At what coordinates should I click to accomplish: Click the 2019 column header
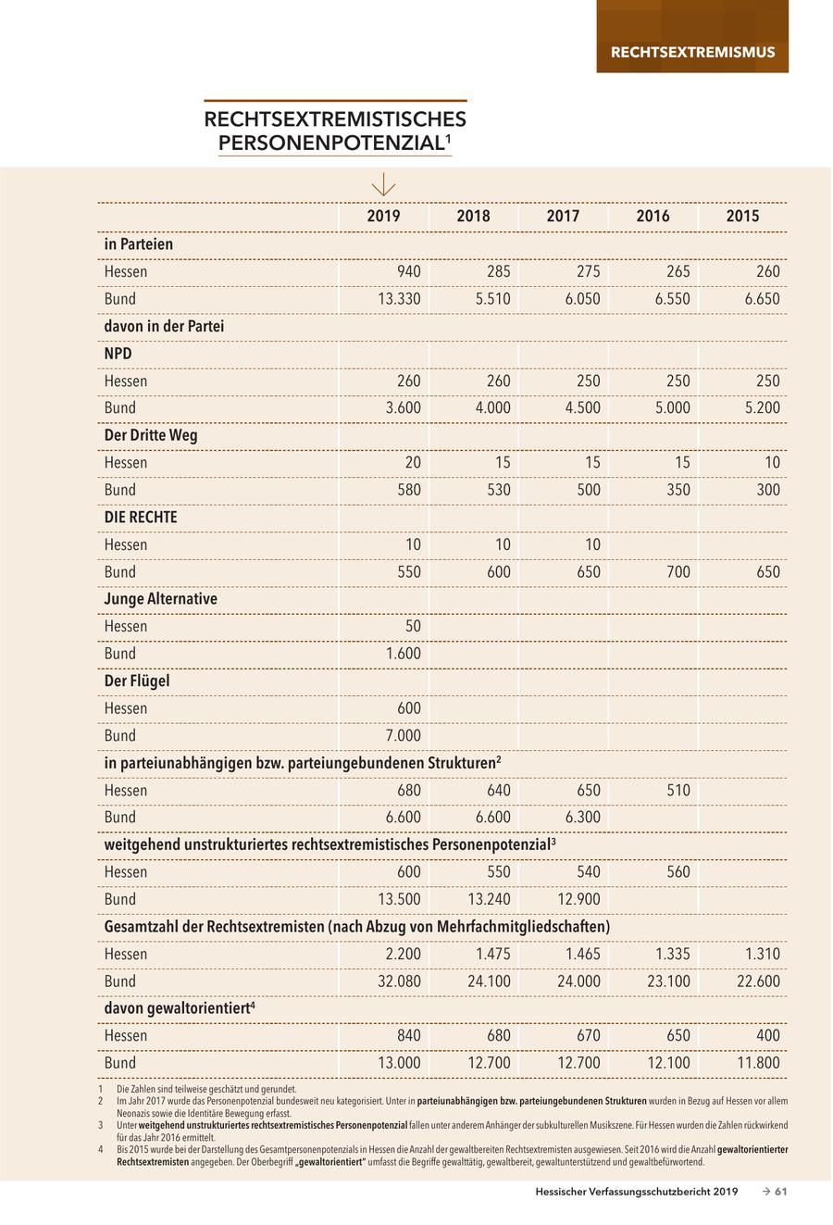(x=383, y=216)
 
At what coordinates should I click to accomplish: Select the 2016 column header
(x=653, y=216)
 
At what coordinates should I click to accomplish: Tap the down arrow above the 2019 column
(x=383, y=185)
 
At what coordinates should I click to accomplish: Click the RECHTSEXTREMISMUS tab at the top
(x=692, y=52)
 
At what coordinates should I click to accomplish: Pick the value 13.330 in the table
(x=399, y=299)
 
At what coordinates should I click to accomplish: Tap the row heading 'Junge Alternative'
(x=160, y=599)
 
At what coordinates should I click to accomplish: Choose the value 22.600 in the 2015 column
(x=758, y=981)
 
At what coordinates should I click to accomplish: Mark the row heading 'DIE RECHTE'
(x=140, y=517)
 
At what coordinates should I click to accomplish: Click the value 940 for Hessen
(x=408, y=271)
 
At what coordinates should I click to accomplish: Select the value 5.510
(x=491, y=299)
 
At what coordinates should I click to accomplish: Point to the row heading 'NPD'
(x=118, y=354)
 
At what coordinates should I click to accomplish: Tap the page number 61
(x=780, y=1192)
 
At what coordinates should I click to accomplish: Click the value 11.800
(x=758, y=1063)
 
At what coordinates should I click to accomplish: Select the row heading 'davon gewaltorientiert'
(x=179, y=1008)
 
